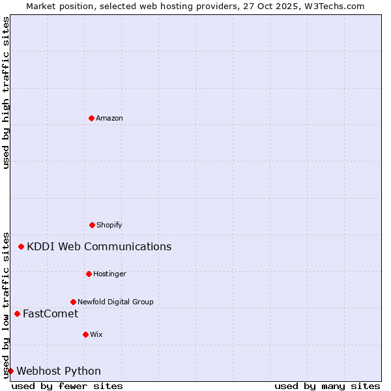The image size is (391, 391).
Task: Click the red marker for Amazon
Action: tap(91, 118)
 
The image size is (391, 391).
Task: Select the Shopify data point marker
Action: tap(92, 225)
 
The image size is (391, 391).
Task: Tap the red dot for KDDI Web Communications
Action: tap(22, 246)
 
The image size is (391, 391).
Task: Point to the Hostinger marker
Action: tap(89, 274)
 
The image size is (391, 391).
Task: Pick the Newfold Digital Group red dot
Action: tap(73, 302)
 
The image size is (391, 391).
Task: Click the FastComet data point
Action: tap(17, 313)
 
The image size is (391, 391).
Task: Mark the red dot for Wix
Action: tap(85, 334)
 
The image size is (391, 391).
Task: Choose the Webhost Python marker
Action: tap(10, 371)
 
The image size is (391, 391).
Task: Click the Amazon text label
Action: tap(109, 118)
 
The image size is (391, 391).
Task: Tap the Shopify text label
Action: tap(109, 225)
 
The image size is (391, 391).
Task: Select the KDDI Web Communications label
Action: tap(99, 246)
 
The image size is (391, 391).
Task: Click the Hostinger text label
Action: tap(109, 274)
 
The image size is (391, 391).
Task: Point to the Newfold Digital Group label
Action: tap(115, 302)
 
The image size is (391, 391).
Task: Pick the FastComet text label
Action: tap(50, 313)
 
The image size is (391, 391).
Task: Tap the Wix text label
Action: tap(96, 334)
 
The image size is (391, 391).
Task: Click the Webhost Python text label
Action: tap(59, 371)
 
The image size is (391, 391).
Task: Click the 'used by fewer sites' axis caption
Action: tap(67, 386)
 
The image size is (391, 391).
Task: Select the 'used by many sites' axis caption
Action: tap(327, 386)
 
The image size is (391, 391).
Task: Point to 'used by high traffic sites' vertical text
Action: tap(6, 93)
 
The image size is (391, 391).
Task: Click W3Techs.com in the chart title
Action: tap(334, 6)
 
